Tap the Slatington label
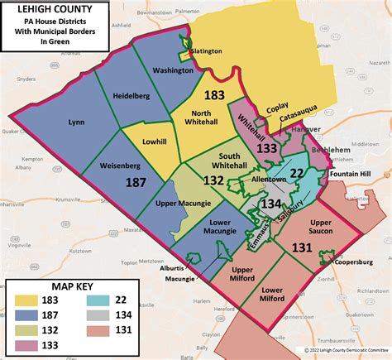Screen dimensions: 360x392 [x=206, y=51]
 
